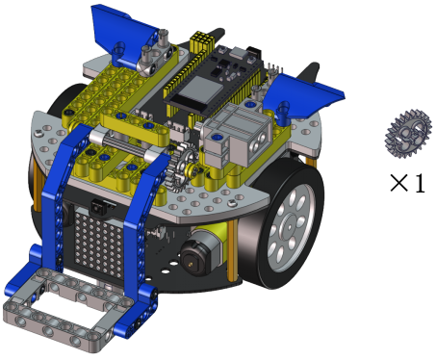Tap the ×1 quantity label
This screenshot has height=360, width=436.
(x=407, y=183)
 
